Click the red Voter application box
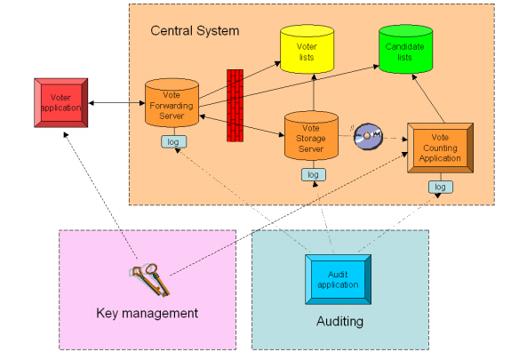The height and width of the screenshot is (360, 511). tap(61, 103)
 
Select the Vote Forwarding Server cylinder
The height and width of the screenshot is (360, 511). tap(172, 103)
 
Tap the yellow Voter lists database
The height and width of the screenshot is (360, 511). tap(307, 49)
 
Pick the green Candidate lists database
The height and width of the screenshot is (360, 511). tap(406, 49)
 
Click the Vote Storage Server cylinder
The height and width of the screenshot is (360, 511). tap(311, 136)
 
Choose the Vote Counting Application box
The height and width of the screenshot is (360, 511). tap(440, 148)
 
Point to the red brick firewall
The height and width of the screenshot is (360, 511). tap(235, 105)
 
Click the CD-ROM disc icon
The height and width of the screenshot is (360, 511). tap(368, 136)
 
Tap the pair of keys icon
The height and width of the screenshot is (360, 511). tap(150, 280)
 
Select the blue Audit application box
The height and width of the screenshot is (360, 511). tap(338, 279)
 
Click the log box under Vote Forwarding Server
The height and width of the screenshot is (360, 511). tap(173, 142)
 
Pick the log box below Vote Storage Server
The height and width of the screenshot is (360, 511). tap(313, 174)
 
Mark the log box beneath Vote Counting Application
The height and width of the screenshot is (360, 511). tap(440, 187)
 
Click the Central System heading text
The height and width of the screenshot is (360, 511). tap(195, 31)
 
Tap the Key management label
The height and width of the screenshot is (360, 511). tap(147, 313)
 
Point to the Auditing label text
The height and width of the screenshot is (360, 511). tap(339, 321)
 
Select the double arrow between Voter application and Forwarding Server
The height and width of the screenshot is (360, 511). tap(116, 103)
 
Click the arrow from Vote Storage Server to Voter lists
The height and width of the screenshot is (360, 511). tap(314, 92)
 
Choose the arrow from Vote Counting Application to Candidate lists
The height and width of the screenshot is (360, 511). tap(428, 99)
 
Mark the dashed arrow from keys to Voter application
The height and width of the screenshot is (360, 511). tap(100, 196)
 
